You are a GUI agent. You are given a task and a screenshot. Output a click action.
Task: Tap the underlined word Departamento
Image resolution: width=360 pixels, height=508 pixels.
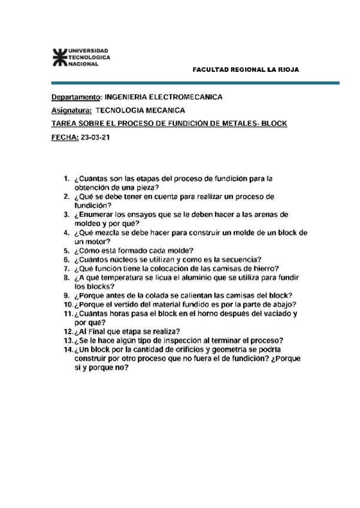point(76,96)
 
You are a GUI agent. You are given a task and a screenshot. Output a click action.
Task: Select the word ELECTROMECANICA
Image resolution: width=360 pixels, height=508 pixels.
point(186,96)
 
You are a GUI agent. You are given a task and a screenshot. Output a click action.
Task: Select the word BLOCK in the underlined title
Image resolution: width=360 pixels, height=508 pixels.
point(275,124)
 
